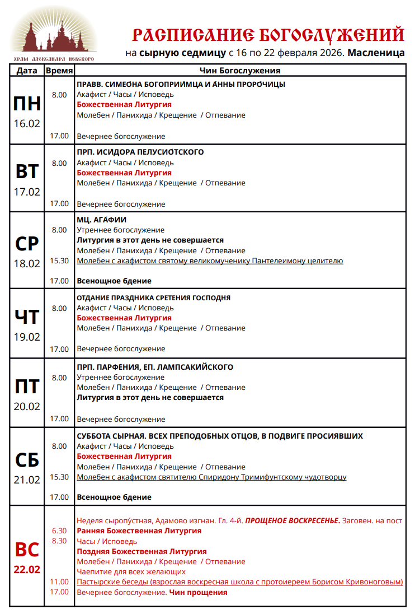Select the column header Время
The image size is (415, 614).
(59, 71)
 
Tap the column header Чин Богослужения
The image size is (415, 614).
(239, 71)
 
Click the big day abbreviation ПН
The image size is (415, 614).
(27, 104)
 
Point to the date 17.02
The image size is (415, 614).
(27, 192)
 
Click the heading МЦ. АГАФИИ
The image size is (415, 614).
(102, 220)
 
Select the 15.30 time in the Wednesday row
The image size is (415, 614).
(59, 261)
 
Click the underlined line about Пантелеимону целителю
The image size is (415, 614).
(210, 261)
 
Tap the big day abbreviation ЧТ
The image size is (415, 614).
(27, 317)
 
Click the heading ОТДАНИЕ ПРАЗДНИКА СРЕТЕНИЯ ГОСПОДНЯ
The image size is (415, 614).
(154, 298)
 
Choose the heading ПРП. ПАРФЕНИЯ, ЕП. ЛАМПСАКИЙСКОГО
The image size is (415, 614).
(155, 368)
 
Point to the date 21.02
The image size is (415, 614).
(27, 480)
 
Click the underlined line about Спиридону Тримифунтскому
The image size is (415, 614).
(211, 477)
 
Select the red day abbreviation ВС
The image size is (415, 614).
(27, 550)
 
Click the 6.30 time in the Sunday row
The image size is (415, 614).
(59, 531)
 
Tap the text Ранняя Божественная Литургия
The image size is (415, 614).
(139, 531)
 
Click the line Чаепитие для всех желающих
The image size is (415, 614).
(131, 572)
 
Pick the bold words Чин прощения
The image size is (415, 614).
(199, 592)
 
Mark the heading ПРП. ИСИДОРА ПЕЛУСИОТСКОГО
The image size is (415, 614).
(140, 152)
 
